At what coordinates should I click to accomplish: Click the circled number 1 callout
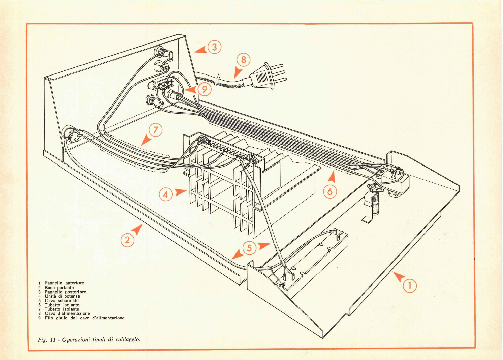(x=410, y=286)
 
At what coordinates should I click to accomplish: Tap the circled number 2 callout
(x=127, y=240)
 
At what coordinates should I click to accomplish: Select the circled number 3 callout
(x=214, y=47)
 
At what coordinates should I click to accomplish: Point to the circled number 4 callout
(x=165, y=194)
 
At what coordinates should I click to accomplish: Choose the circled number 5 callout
(x=249, y=248)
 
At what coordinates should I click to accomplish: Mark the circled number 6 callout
(x=330, y=191)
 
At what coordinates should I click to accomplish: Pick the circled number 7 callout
(x=156, y=130)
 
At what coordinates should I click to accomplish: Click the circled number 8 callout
(x=244, y=60)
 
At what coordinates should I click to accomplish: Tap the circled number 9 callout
(x=205, y=89)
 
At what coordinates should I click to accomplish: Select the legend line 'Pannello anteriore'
(x=64, y=283)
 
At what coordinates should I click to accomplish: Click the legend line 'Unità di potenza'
(x=62, y=296)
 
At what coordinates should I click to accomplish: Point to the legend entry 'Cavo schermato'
(x=62, y=301)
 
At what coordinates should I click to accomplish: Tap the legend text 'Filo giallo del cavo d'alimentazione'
(x=85, y=318)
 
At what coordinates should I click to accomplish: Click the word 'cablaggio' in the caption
(x=127, y=339)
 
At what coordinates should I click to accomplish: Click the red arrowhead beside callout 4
(x=181, y=192)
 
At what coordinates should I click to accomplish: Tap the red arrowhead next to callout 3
(x=201, y=50)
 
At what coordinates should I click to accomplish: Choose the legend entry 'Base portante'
(x=59, y=288)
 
